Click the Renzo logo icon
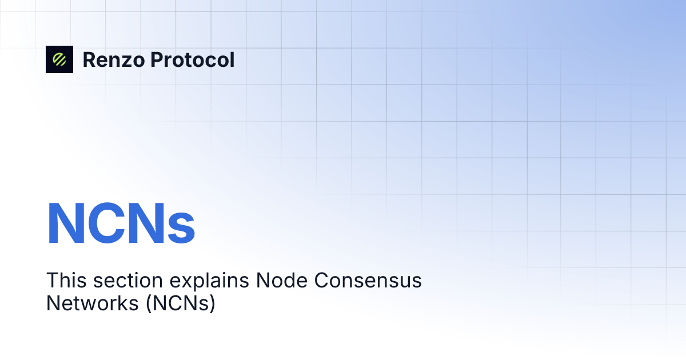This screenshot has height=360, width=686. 59,59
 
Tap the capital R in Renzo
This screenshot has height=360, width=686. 89,60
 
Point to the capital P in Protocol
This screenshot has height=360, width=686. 156,60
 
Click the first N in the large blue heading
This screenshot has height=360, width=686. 66,223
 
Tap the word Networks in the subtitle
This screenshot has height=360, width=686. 91,303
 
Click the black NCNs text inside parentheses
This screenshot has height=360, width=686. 180,303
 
